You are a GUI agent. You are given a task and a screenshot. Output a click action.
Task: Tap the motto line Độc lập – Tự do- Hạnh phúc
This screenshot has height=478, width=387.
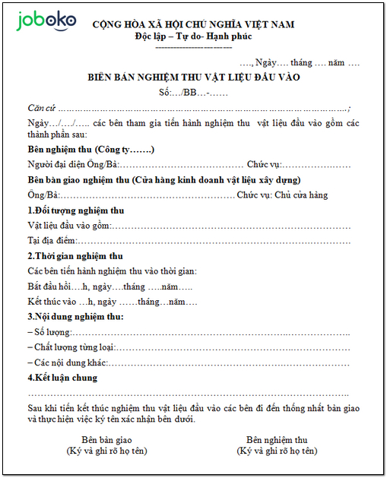coord(193,36)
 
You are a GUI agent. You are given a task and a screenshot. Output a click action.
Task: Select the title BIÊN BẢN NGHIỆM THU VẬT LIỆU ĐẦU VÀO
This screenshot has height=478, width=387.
coord(194,78)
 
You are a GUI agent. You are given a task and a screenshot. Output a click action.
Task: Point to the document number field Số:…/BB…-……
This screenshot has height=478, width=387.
coord(194,92)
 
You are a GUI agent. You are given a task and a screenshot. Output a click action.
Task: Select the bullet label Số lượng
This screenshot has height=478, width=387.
coord(52,332)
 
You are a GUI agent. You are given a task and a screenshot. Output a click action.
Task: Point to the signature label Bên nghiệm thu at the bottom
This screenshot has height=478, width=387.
coord(277,440)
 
